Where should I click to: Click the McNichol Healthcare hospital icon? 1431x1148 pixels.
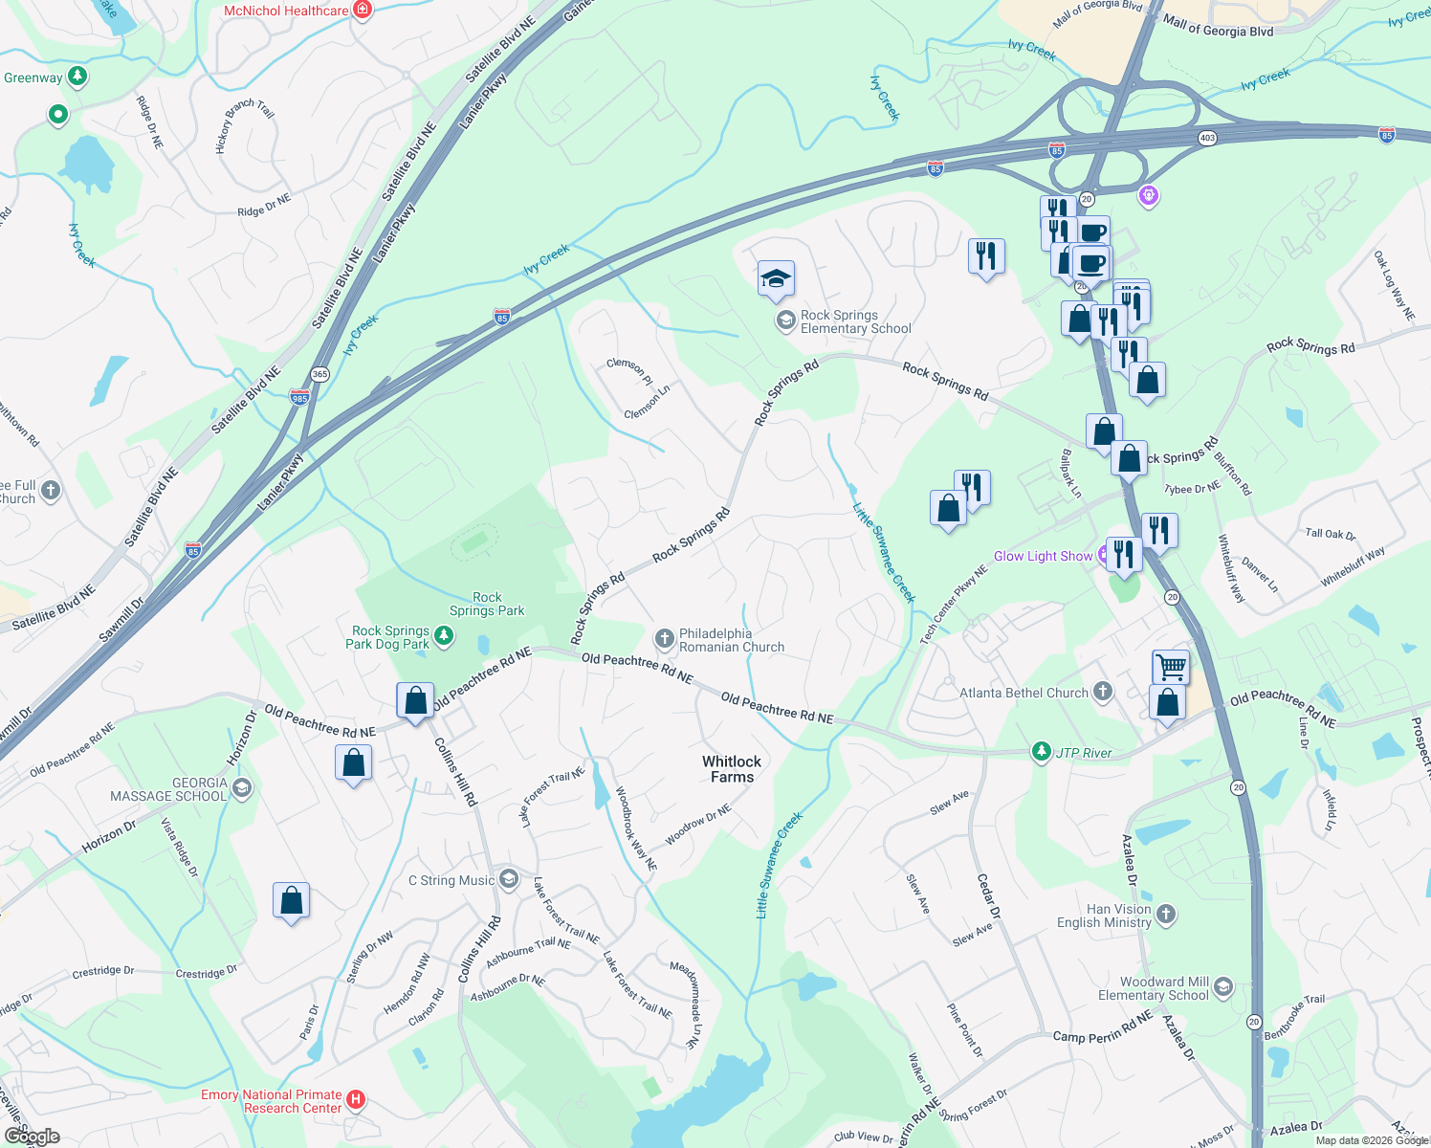point(362,11)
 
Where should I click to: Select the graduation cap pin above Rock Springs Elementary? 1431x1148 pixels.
point(776,278)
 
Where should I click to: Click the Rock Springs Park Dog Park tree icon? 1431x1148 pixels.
point(443,635)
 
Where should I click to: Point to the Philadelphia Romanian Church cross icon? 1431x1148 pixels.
point(665,638)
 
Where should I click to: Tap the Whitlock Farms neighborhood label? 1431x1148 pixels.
point(732,769)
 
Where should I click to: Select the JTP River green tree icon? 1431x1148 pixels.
point(1041,752)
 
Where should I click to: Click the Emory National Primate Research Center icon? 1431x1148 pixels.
point(355,1100)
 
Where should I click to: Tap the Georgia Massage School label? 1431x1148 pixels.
point(169,789)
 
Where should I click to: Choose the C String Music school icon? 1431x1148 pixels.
point(509,879)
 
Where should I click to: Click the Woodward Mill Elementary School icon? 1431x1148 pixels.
point(1222,988)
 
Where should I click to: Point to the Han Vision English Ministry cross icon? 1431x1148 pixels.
point(1166,915)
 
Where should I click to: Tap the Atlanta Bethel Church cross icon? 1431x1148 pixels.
point(1103,692)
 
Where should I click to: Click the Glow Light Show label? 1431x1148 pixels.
point(1043,556)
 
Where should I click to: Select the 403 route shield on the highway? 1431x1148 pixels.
point(1207,138)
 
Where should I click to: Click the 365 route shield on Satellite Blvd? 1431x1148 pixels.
point(319,374)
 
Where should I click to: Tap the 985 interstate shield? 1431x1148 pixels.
point(299,397)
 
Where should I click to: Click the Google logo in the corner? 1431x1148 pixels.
point(33,1136)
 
